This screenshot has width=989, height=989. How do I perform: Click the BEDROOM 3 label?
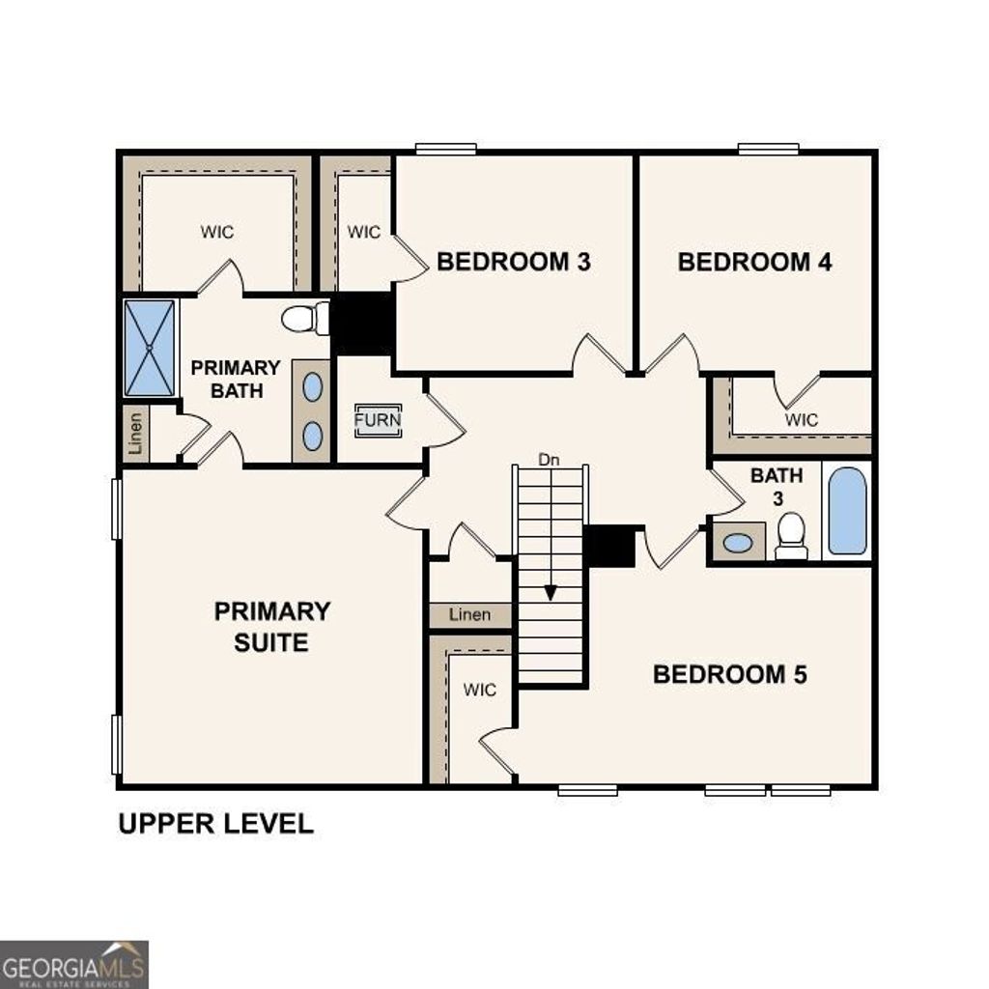(x=513, y=262)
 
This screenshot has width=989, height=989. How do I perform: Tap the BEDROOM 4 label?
(x=754, y=262)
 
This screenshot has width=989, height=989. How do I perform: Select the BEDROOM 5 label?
(x=729, y=674)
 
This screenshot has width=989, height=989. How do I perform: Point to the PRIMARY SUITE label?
(x=271, y=626)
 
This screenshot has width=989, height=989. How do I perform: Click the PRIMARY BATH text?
(x=235, y=380)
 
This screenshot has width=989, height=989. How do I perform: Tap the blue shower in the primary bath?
(x=150, y=348)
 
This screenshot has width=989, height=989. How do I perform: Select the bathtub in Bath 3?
(x=847, y=511)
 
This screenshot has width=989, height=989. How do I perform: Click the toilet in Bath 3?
(x=791, y=535)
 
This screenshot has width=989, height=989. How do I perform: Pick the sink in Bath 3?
(x=738, y=543)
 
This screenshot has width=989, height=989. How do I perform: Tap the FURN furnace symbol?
(x=377, y=421)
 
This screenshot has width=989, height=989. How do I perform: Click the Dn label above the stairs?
(x=549, y=461)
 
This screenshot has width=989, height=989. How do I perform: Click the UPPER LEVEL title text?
(x=215, y=824)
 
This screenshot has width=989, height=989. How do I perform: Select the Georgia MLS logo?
(x=74, y=964)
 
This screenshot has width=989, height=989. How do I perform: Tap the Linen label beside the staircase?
(x=469, y=615)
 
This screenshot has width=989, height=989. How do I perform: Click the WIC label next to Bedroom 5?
(x=479, y=690)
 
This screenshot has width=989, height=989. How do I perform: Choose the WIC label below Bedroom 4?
(x=801, y=420)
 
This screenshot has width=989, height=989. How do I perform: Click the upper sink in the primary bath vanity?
(x=312, y=387)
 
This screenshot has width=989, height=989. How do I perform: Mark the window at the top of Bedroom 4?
(x=768, y=149)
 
